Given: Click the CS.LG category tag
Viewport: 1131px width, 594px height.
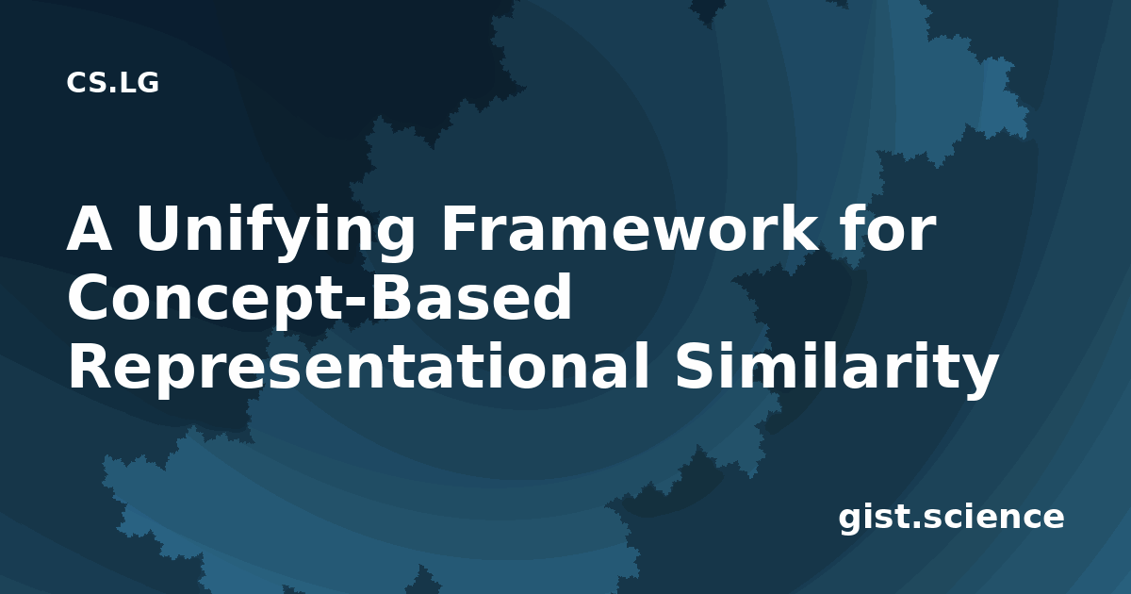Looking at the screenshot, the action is click(x=112, y=82).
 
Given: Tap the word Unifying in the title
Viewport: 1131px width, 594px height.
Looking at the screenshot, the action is click(x=274, y=232).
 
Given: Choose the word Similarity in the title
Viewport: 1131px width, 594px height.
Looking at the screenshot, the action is click(x=837, y=368).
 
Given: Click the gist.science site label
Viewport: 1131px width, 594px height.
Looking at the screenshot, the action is click(x=951, y=518).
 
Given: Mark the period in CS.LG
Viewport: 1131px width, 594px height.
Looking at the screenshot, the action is click(x=112, y=90).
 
